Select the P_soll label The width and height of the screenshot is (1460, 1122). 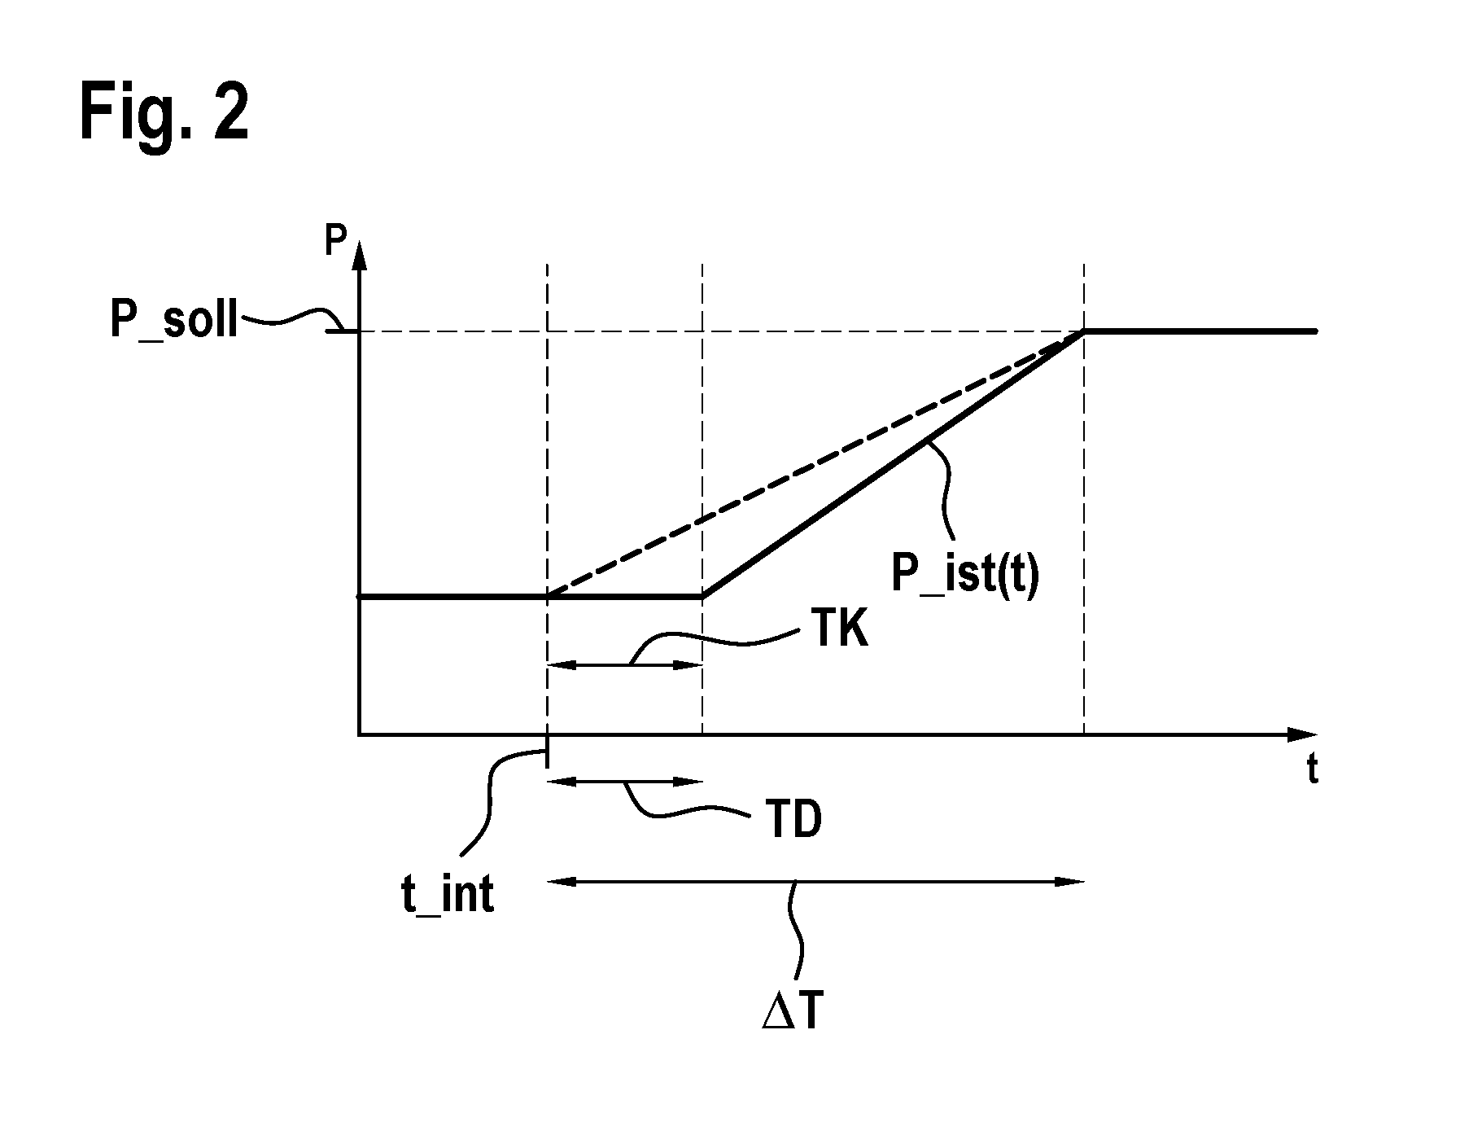coord(174,321)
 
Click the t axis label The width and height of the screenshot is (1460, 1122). coord(1312,769)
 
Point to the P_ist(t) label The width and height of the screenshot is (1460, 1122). coord(964,575)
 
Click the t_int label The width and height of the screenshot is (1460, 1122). coord(447,896)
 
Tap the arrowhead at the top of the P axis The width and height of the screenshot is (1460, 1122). coord(359,253)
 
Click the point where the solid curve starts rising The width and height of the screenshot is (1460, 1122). coord(702,597)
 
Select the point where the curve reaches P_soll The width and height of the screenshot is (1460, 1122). coord(1084,331)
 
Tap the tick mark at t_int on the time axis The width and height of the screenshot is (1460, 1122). coord(547,751)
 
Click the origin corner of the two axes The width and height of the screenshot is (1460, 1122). coord(359,734)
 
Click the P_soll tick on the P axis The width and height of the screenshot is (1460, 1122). coord(343,330)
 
